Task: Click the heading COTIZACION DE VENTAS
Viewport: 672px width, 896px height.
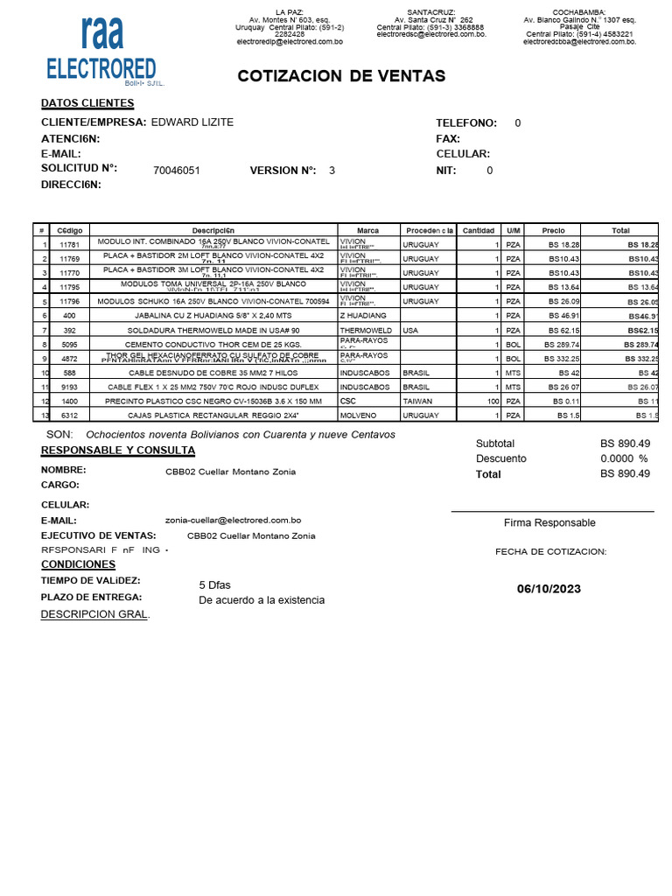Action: [x=341, y=76]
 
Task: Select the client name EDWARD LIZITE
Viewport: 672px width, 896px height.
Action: [x=192, y=122]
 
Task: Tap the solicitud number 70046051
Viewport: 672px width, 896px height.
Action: [x=176, y=171]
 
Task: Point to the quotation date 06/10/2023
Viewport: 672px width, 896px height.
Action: [x=549, y=589]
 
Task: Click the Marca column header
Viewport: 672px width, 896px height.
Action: [x=368, y=230]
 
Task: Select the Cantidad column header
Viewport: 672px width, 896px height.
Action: [x=478, y=230]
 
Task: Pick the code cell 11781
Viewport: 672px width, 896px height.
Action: [x=69, y=245]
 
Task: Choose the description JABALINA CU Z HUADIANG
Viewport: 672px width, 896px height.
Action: [x=213, y=314]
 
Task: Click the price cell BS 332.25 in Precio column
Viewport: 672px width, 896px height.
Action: [x=561, y=359]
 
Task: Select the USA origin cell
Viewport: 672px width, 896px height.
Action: [x=410, y=330]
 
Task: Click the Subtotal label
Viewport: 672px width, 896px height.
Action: [x=495, y=444]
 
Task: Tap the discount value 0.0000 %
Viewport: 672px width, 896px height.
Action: [x=624, y=458]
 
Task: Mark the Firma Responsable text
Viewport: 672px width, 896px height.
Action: [x=549, y=522]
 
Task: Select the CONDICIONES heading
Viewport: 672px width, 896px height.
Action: [x=78, y=564]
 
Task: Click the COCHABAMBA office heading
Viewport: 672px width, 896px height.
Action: [x=578, y=11]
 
